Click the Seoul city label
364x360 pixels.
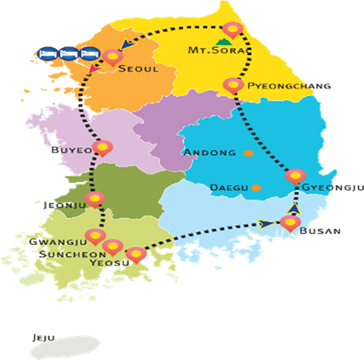pos(138,69)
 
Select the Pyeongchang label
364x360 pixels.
pos(286,86)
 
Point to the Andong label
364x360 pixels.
pos(211,153)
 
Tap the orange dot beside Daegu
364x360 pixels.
pos(256,187)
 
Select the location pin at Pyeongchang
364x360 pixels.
pos(232,85)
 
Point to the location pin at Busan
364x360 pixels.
pos(288,223)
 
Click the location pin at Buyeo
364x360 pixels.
pos(101,146)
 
